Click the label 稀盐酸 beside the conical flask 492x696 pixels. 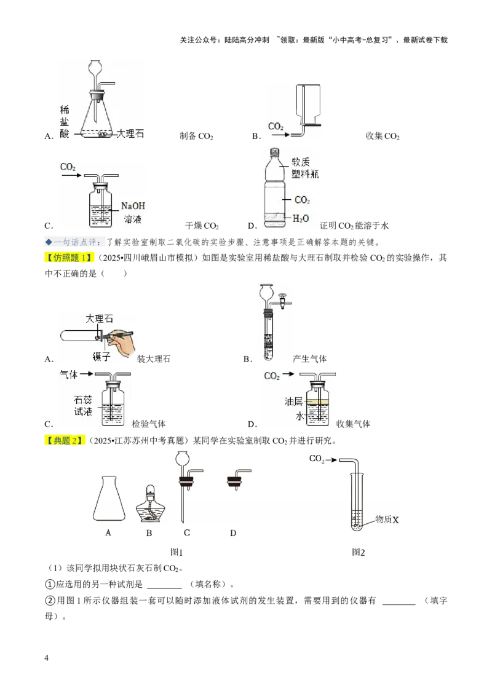click(65, 121)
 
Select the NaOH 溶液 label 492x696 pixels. click(132, 213)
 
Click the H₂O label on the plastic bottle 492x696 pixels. click(301, 218)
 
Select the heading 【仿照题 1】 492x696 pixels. click(71, 258)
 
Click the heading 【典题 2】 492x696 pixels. click(66, 440)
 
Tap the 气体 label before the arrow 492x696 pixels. click(68, 374)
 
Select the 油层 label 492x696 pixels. click(293, 401)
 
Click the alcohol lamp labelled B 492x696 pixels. click(149, 505)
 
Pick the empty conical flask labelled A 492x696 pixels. click(108, 500)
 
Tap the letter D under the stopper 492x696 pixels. click(233, 533)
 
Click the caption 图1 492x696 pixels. click(177, 552)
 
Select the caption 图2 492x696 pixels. click(358, 552)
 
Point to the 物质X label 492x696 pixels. click(387, 520)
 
